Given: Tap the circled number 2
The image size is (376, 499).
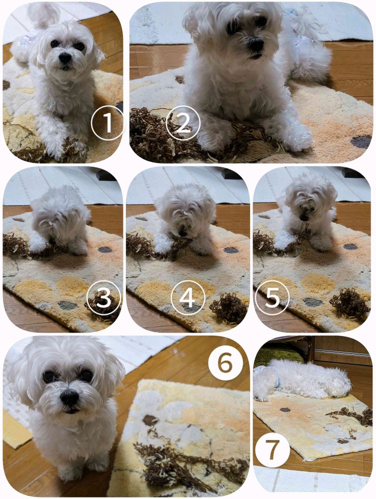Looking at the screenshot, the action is [x=183, y=123].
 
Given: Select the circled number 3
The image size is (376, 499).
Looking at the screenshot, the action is [x=104, y=298].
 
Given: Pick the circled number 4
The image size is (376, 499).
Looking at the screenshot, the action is [x=188, y=298].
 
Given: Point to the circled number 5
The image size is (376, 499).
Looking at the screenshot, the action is [x=272, y=298].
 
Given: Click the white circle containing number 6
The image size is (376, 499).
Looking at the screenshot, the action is [x=225, y=363].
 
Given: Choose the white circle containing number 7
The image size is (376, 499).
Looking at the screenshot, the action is [x=272, y=450].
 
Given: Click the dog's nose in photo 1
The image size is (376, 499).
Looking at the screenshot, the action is [x=64, y=57].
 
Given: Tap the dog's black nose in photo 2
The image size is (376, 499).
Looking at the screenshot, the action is [x=256, y=44].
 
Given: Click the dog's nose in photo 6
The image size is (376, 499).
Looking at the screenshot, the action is [x=69, y=398].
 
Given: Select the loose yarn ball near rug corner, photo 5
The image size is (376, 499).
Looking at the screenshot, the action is [x=351, y=304].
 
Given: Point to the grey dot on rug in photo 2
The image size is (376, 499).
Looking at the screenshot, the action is [x=362, y=142].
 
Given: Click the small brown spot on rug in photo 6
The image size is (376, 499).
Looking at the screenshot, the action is [x=151, y=420].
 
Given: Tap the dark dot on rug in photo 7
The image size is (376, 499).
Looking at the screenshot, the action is [x=285, y=410].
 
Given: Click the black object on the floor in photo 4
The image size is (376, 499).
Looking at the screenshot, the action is [x=232, y=174].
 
